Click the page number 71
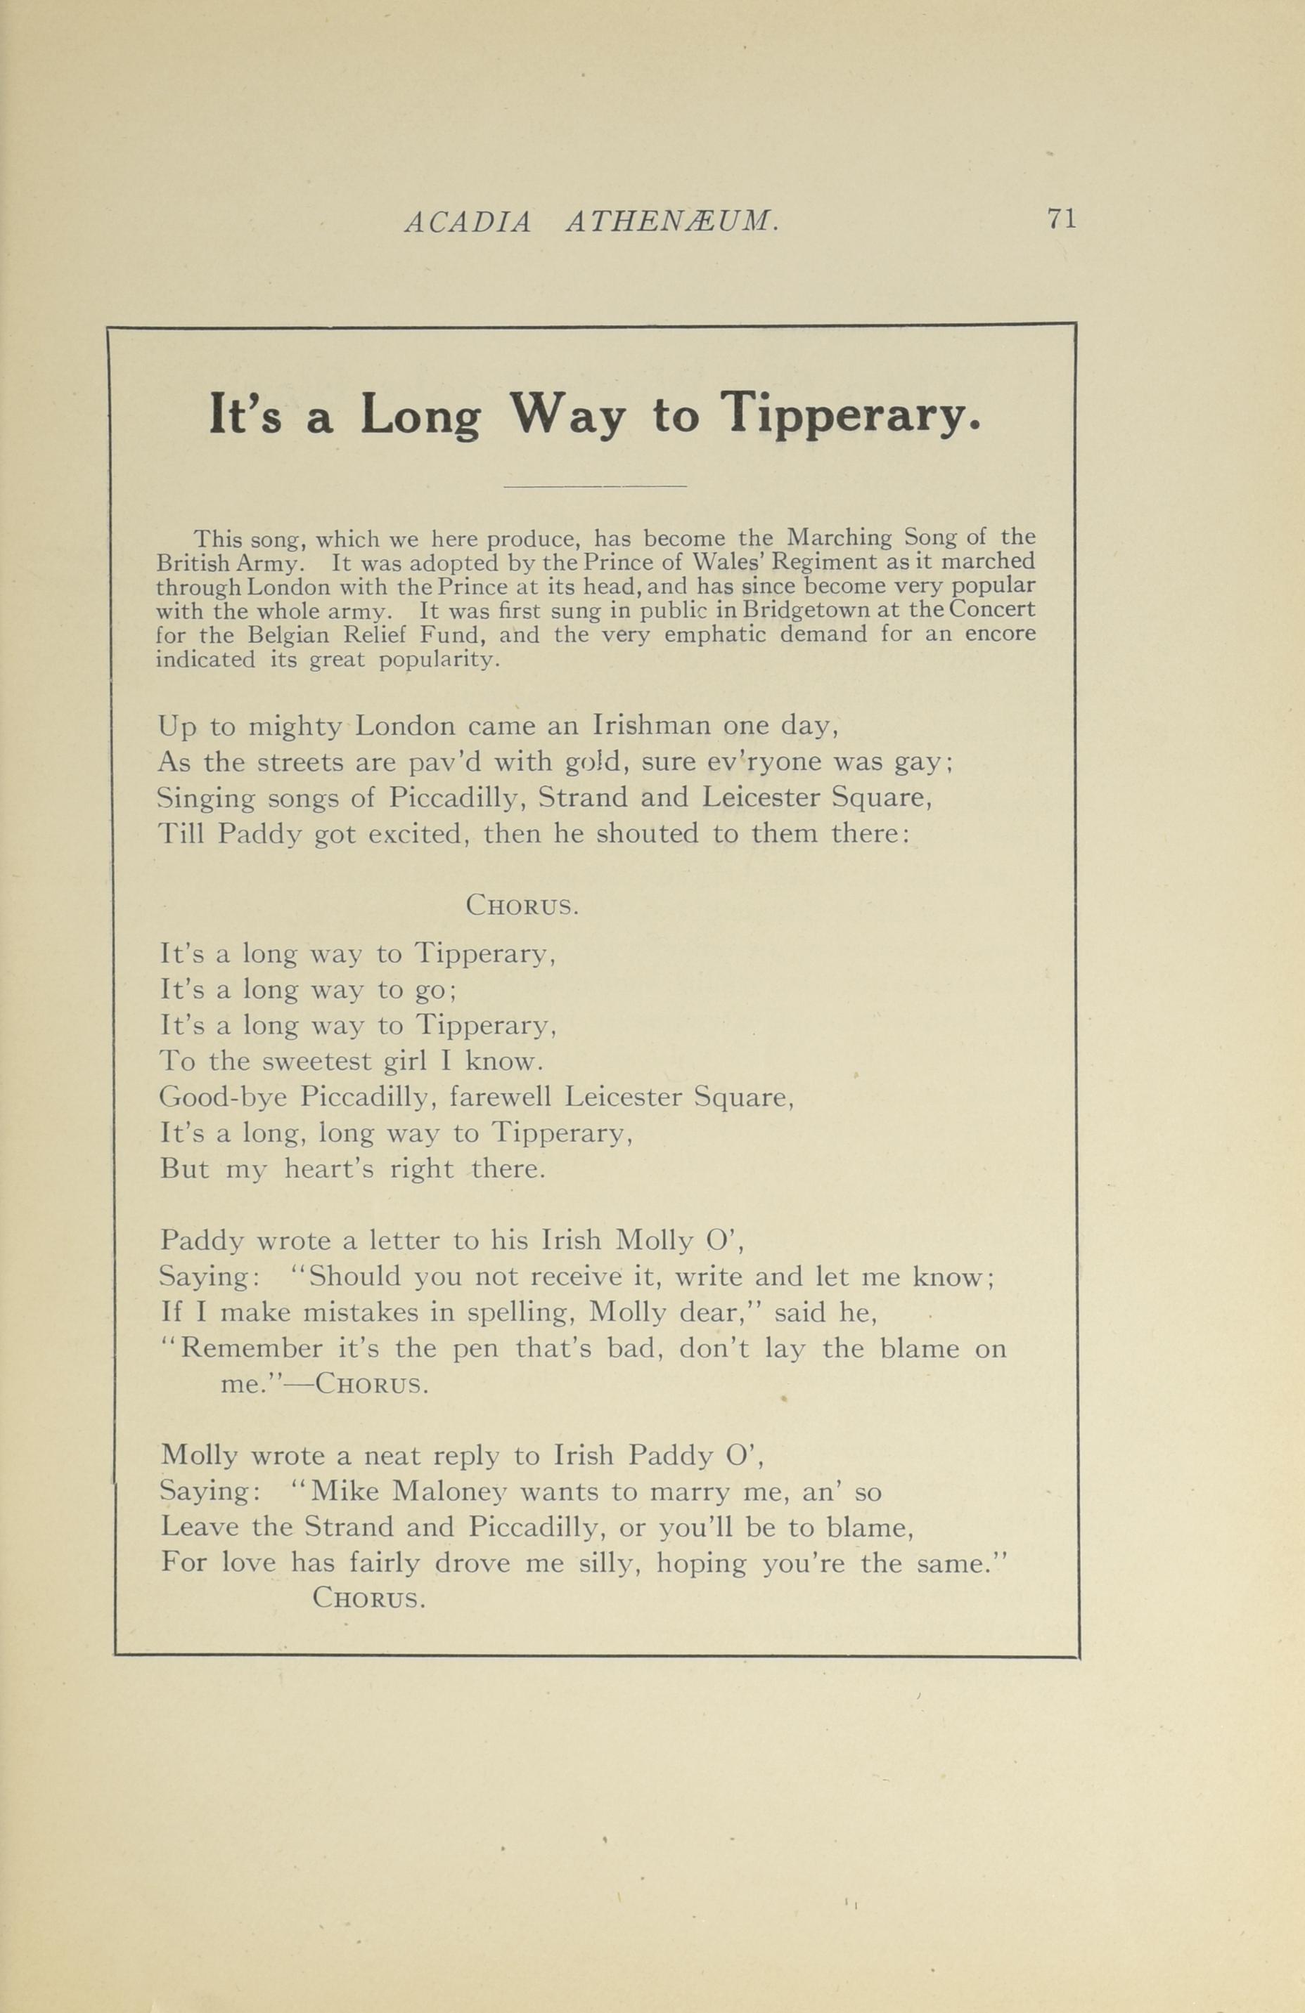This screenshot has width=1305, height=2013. coord(1060,219)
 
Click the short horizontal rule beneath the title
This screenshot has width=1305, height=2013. coord(594,486)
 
